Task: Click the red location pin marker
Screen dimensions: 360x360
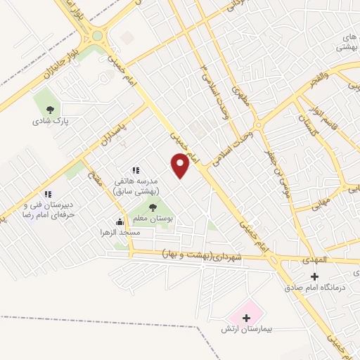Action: pos(181,165)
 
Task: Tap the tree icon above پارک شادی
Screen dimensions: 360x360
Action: pos(50,109)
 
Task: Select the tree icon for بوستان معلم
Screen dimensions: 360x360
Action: pos(153,207)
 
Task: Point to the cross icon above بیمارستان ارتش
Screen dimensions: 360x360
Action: pos(246,318)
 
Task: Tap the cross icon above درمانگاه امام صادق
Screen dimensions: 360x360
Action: pos(314,276)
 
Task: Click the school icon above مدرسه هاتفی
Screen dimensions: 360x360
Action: pos(136,170)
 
